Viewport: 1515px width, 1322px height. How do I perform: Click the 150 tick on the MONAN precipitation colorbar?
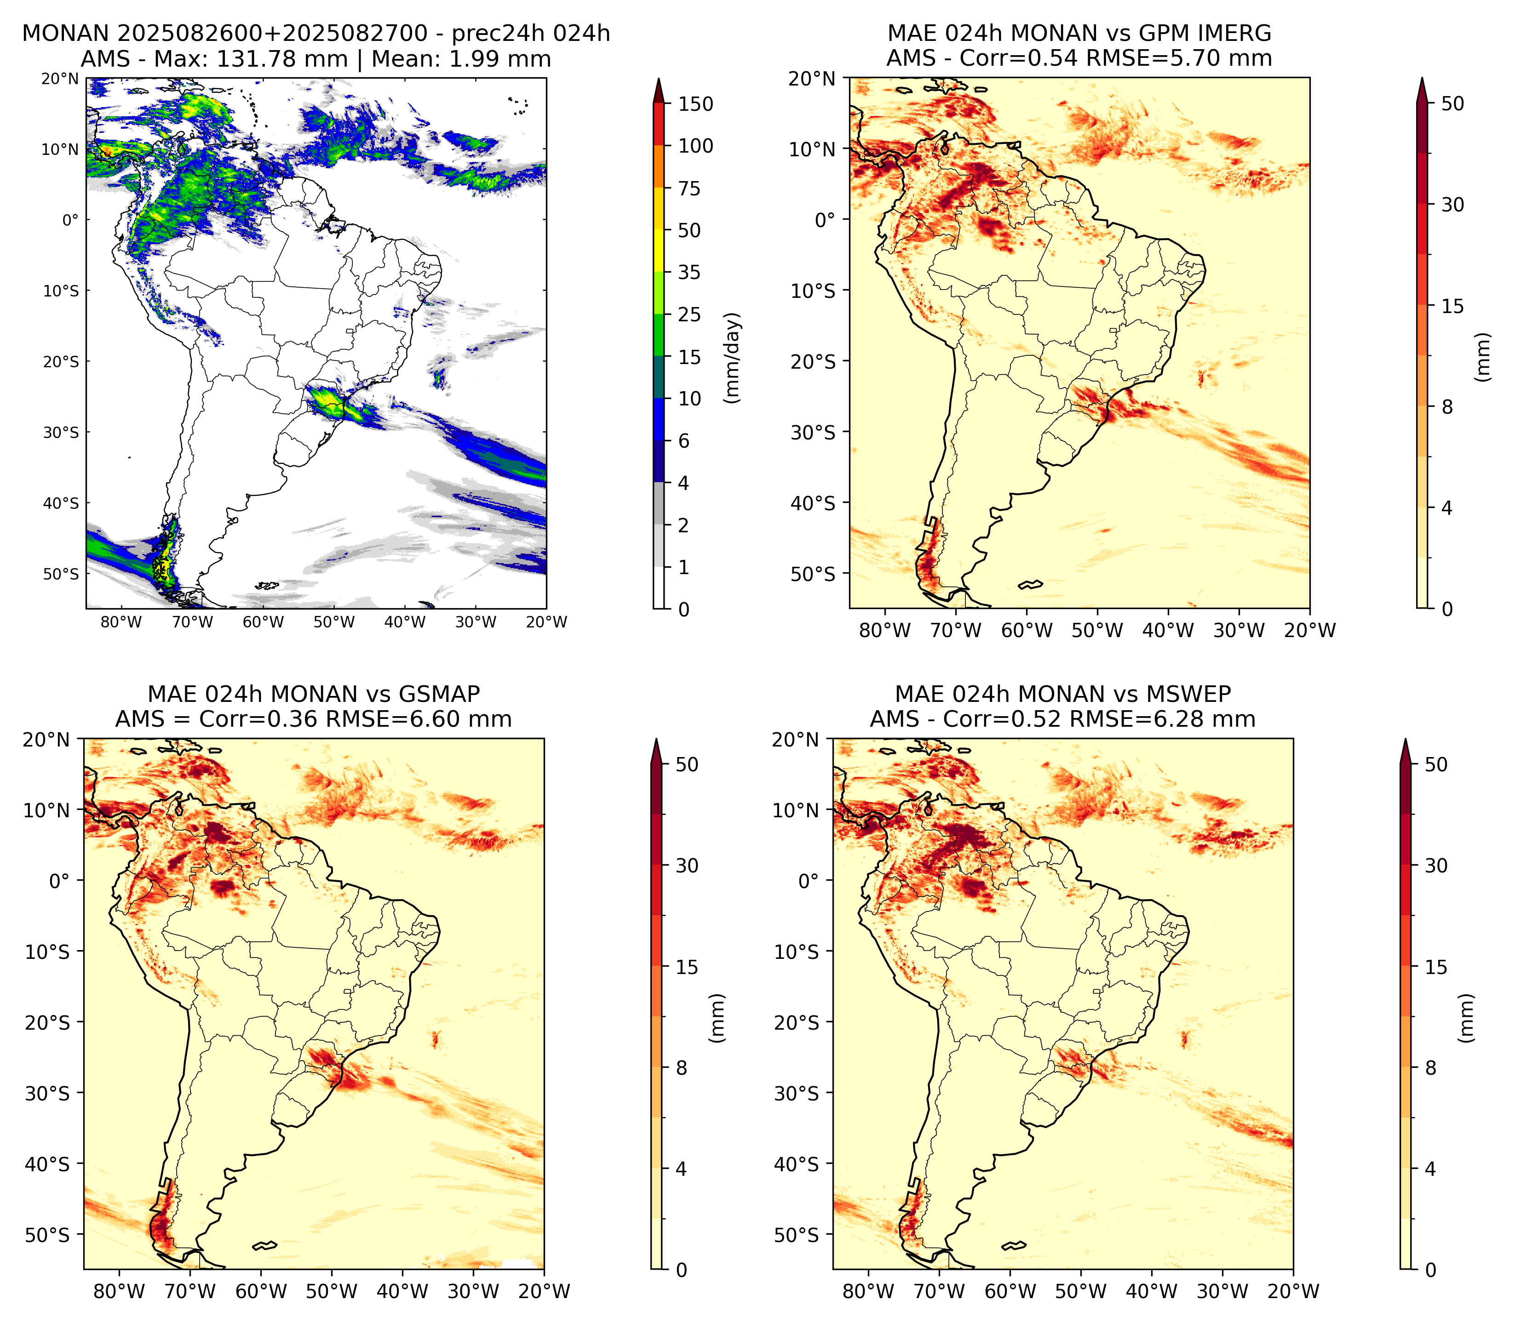pyautogui.click(x=696, y=104)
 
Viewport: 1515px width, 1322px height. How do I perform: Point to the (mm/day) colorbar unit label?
pyautogui.click(x=732, y=358)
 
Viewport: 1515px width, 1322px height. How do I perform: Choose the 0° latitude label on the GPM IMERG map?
pyautogui.click(x=825, y=219)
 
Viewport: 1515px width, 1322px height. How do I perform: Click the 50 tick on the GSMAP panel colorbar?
pyautogui.click(x=686, y=764)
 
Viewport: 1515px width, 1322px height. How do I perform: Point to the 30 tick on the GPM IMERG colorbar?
pyautogui.click(x=1452, y=205)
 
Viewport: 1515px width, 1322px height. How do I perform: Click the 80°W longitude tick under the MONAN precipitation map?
pyautogui.click(x=121, y=622)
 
